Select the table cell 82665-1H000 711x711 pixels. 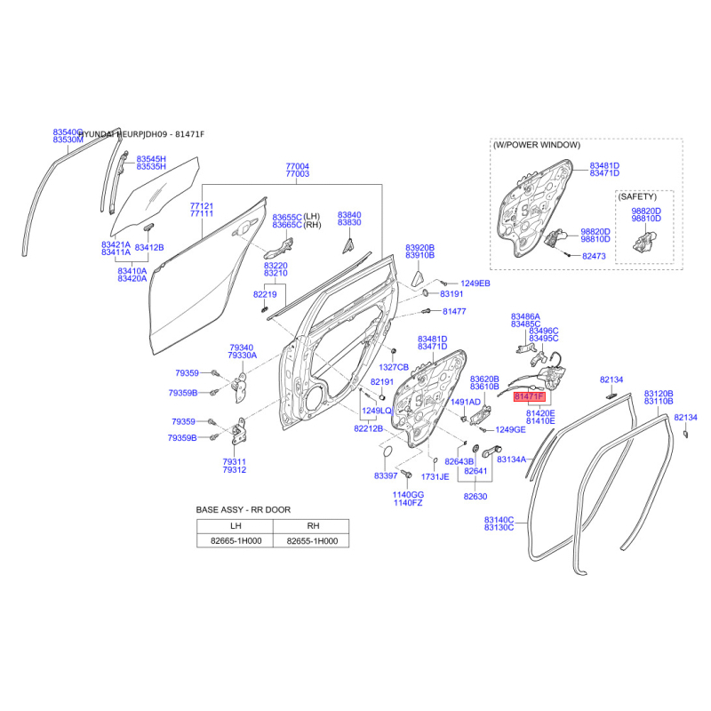[x=235, y=539]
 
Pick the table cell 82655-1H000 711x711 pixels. [x=311, y=539]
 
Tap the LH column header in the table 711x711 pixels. [x=235, y=525]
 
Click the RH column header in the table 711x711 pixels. [x=311, y=525]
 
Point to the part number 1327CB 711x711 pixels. [x=394, y=367]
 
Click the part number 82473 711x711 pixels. [x=594, y=256]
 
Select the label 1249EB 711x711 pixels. [x=475, y=284]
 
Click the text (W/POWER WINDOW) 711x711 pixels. [x=537, y=145]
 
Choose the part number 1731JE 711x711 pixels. [x=435, y=477]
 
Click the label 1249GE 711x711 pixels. [x=510, y=430]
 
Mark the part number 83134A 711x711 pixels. [x=512, y=459]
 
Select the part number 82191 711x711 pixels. [x=381, y=381]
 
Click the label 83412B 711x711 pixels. [x=148, y=247]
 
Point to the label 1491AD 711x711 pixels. [x=465, y=402]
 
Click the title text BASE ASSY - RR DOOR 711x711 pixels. [x=243, y=510]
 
